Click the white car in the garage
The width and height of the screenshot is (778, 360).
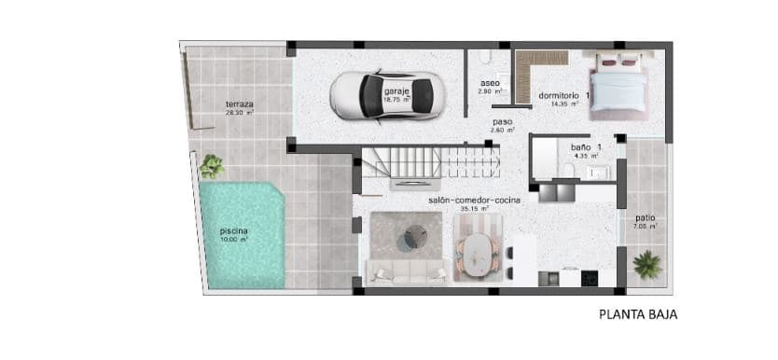383,95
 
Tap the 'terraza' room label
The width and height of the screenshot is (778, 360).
239,104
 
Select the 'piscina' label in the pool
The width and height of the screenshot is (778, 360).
233,230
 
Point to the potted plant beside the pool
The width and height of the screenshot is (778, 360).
212,166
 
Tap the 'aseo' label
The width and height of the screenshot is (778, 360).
490,82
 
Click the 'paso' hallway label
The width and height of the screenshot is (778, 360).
503,121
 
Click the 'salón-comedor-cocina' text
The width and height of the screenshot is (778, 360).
475,200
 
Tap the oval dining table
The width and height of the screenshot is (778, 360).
479,251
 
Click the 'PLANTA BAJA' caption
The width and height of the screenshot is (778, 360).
638,315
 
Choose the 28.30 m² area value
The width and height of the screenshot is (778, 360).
239,113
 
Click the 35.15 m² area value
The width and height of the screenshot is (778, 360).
475,209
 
